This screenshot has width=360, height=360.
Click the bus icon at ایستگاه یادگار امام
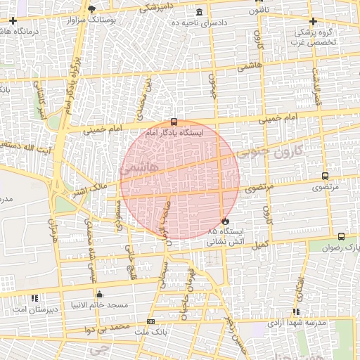tap(174, 121)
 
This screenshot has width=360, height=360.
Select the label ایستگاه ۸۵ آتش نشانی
tap(224, 236)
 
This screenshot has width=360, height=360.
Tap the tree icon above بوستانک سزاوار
tap(91, 8)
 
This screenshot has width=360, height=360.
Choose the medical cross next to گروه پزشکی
tap(311, 21)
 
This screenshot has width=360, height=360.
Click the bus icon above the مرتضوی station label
tap(325, 176)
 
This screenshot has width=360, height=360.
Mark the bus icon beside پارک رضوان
tap(341, 237)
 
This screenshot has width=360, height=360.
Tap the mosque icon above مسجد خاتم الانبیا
tap(99, 294)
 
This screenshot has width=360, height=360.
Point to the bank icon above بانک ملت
tap(150, 321)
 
